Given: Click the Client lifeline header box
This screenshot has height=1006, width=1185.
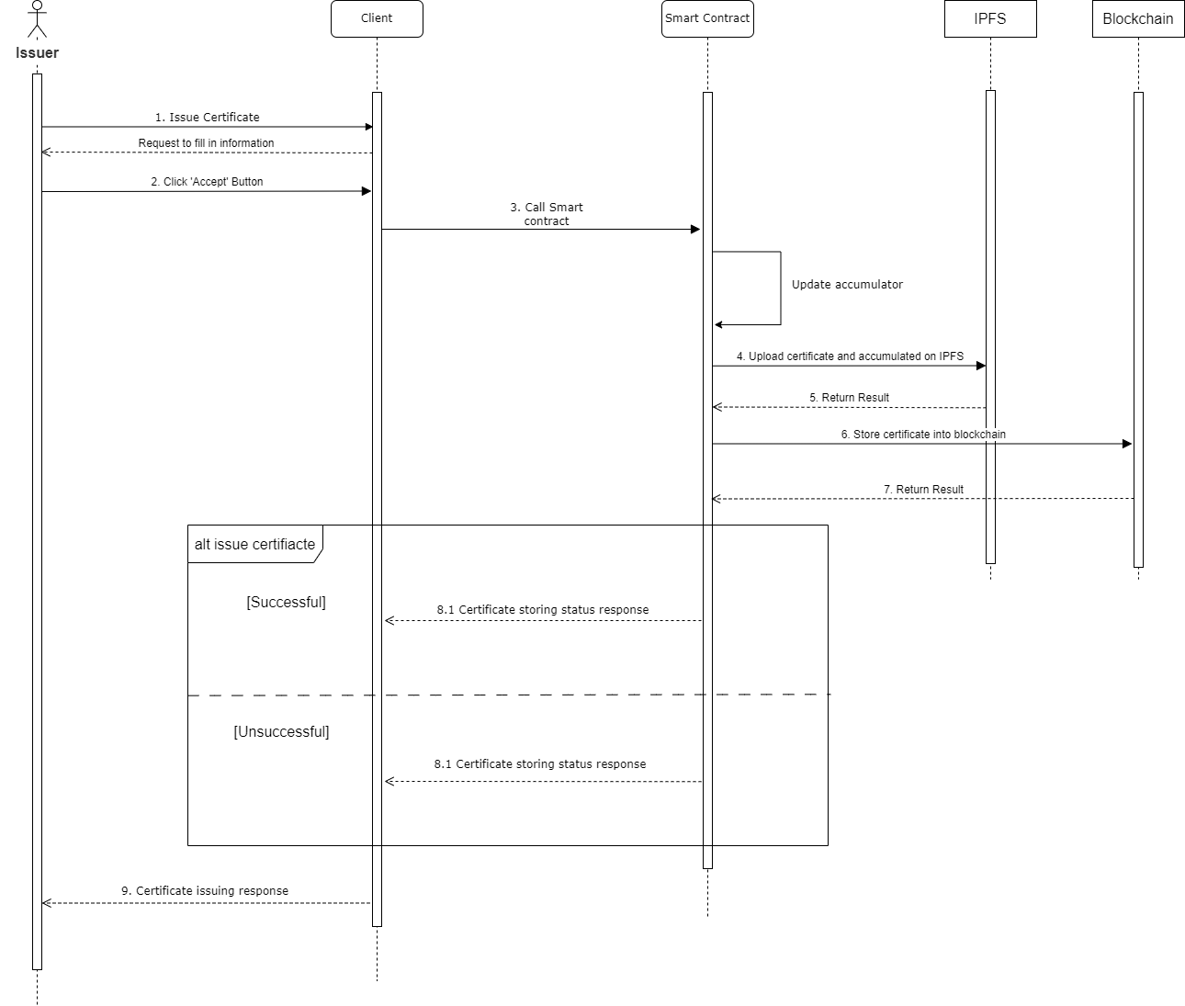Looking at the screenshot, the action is pyautogui.click(x=377, y=19).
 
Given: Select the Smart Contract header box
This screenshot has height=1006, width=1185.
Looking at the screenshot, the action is pyautogui.click(x=707, y=19).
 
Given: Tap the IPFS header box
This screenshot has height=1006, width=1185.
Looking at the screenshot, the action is pyautogui.click(x=990, y=19).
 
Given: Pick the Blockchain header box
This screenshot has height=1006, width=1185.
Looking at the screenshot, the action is pyautogui.click(x=1138, y=19).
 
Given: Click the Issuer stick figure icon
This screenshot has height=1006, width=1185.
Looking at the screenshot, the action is pyautogui.click(x=38, y=19).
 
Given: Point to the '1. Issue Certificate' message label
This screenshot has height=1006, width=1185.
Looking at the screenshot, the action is pyautogui.click(x=207, y=117).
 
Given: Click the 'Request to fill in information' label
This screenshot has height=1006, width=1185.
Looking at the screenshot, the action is pyautogui.click(x=206, y=142).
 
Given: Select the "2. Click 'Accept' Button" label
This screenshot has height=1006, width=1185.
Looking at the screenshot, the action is pyautogui.click(x=207, y=182).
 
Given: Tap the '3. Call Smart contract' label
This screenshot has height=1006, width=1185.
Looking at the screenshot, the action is pyautogui.click(x=547, y=214).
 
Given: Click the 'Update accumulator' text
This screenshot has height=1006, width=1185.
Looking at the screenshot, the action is pyautogui.click(x=847, y=284).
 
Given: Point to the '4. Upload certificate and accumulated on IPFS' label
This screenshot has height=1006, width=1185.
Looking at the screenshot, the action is pyautogui.click(x=850, y=356).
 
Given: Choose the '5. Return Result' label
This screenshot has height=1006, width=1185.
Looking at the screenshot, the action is pyautogui.click(x=849, y=397).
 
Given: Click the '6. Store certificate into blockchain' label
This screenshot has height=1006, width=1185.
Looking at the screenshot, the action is pyautogui.click(x=923, y=434).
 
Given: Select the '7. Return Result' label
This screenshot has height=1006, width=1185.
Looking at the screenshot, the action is pyautogui.click(x=923, y=489).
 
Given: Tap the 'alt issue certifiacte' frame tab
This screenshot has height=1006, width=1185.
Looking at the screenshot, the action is pyautogui.click(x=255, y=544).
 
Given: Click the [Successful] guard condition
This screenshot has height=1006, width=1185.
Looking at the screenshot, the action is pyautogui.click(x=286, y=602).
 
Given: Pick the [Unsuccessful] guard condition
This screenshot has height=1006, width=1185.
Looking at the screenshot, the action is pyautogui.click(x=281, y=731).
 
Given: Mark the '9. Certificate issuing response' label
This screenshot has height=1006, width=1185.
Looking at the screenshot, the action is pyautogui.click(x=205, y=890).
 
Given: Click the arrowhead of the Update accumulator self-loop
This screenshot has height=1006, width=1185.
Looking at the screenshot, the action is pyautogui.click(x=718, y=325).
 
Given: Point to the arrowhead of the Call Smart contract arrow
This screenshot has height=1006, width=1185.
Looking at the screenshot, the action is pyautogui.click(x=695, y=230).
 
